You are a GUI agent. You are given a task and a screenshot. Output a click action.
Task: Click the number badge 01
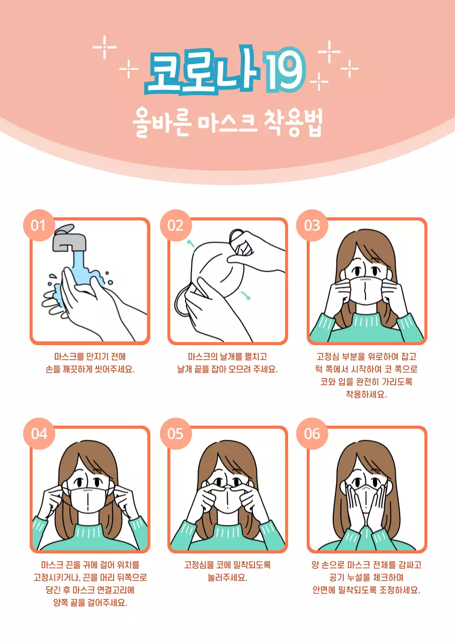[38, 225]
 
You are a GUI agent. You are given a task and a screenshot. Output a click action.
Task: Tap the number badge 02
[175, 225]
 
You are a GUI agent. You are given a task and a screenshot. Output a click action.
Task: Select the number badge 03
[312, 225]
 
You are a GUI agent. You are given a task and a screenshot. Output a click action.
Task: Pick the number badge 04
[38, 433]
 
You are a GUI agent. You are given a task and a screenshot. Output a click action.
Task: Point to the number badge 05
[175, 433]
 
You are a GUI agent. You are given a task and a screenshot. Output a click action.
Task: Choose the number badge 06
[312, 433]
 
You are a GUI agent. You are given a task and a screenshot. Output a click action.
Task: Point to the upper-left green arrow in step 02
[191, 244]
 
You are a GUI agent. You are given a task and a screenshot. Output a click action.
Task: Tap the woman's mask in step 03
[366, 291]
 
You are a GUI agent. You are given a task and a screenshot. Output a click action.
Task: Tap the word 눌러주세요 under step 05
[227, 578]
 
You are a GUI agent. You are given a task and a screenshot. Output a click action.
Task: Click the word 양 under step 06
[315, 565]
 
